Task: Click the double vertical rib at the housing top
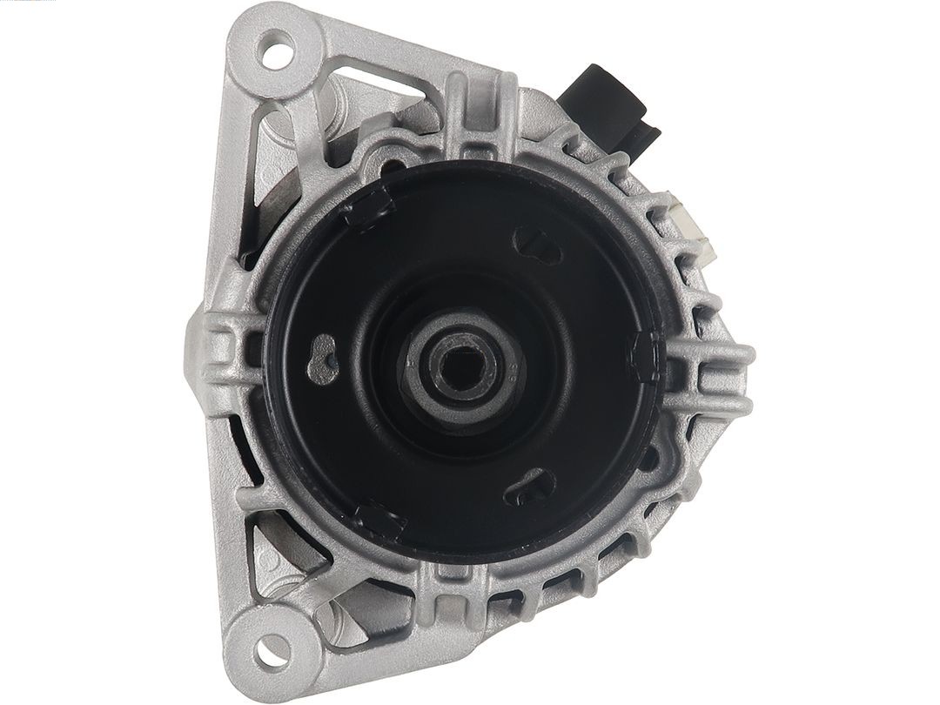coord(474,113)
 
